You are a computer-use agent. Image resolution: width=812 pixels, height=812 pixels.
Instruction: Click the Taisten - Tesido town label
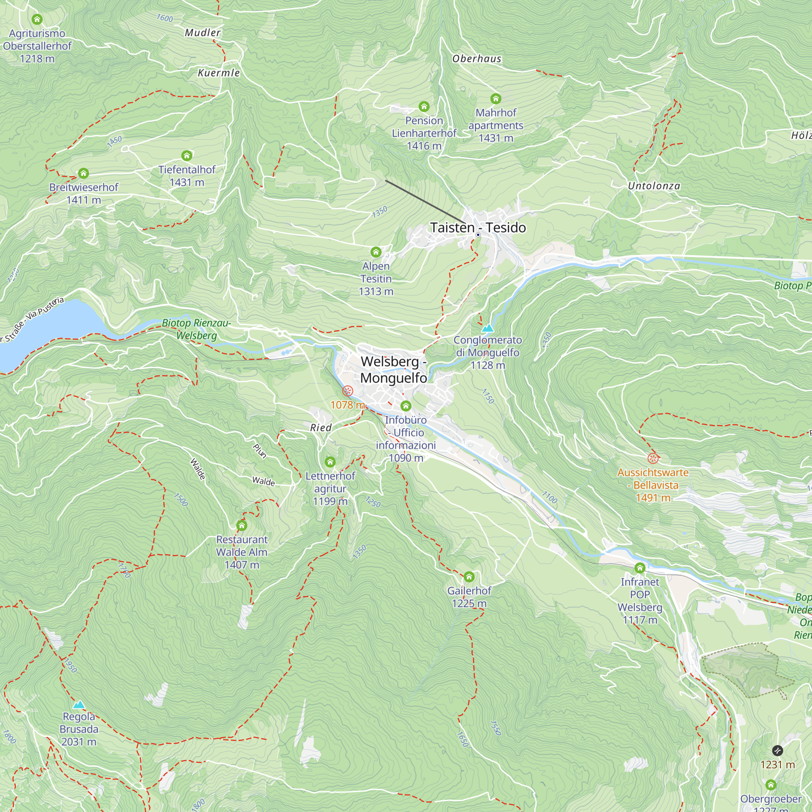478,227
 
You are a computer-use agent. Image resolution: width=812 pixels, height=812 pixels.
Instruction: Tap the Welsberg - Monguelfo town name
393,369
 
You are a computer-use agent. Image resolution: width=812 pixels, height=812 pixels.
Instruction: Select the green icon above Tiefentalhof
187,156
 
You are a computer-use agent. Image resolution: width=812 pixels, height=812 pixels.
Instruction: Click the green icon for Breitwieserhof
83,173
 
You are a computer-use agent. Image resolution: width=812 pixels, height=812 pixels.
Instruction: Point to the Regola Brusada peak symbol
79,705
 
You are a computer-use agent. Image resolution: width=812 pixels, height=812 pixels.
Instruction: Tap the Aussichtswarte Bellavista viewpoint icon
653,458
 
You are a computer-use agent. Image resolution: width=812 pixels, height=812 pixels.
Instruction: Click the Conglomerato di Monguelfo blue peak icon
488,328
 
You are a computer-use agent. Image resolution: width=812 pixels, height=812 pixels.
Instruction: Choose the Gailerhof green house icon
469,577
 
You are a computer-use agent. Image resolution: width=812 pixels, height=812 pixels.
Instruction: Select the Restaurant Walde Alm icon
242,525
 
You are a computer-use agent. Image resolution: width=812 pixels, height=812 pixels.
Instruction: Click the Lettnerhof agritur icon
330,462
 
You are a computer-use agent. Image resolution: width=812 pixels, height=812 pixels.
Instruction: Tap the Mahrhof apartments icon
495,99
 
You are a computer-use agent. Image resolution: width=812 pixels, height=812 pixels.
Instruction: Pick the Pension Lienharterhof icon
423,106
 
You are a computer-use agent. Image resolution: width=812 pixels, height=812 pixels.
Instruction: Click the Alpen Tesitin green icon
376,252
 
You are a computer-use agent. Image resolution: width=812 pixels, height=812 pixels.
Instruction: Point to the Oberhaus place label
477,59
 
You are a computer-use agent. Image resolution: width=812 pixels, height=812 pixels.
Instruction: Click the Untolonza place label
654,186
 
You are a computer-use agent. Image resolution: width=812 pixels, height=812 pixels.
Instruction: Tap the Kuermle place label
218,73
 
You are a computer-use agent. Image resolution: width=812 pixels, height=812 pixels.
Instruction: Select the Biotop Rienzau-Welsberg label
196,329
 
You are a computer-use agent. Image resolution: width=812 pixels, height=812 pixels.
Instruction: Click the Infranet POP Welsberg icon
640,568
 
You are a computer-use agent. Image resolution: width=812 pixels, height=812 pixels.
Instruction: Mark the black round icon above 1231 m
777,750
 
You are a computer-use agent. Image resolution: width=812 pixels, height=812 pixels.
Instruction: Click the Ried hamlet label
321,428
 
